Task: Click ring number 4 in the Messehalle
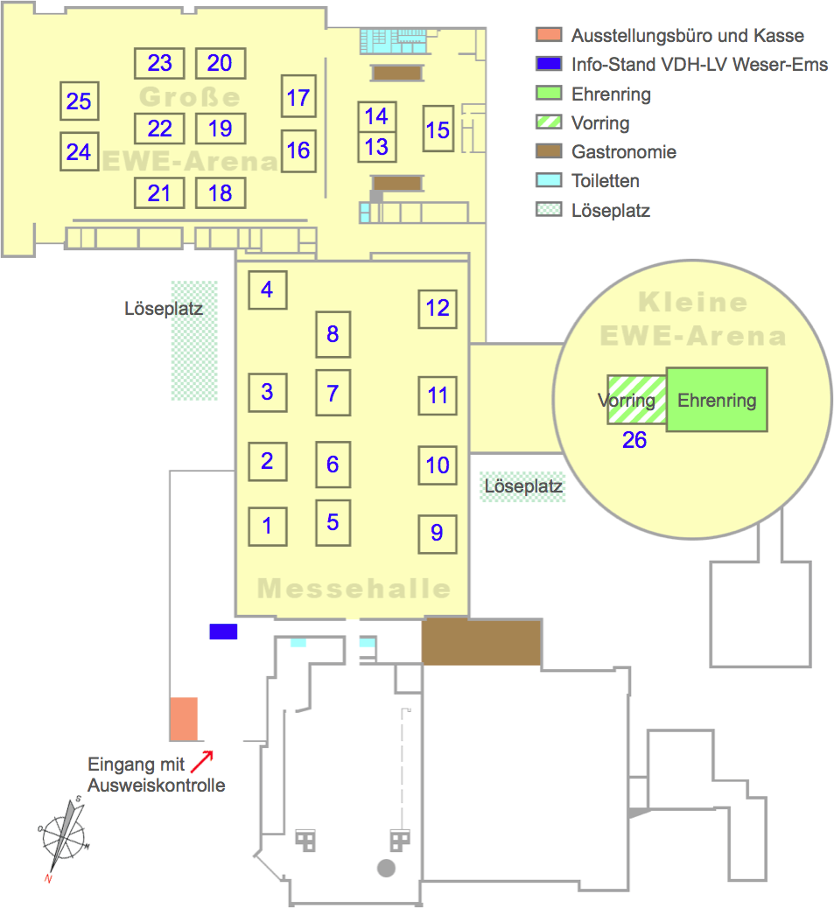(268, 290)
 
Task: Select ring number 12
(438, 308)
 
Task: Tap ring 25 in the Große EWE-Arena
(79, 101)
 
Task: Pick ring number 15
(438, 129)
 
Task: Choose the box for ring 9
(438, 533)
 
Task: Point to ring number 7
(333, 393)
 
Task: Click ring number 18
(221, 192)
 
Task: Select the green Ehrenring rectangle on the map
(717, 401)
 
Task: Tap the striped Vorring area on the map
(637, 400)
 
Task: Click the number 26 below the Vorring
(634, 440)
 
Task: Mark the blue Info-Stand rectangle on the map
(223, 632)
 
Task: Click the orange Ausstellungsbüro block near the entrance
(183, 718)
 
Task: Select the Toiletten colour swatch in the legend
(549, 181)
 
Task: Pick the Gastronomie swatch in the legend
(549, 151)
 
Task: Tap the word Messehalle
(354, 588)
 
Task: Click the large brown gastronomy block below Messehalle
(480, 643)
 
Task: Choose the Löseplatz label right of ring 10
(523, 486)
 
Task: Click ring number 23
(160, 64)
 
